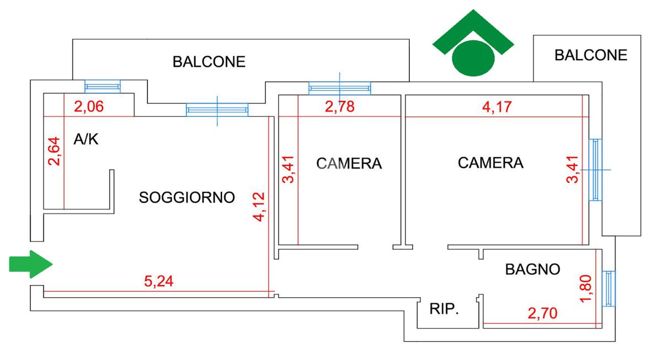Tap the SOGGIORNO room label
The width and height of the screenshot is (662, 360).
(187, 197)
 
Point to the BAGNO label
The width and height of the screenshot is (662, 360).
(532, 270)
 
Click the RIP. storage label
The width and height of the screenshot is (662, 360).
(444, 309)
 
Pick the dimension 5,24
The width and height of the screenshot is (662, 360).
(158, 281)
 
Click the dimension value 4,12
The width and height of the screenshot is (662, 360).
(259, 207)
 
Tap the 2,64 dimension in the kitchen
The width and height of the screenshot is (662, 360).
(54, 151)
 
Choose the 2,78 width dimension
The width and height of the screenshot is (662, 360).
(339, 107)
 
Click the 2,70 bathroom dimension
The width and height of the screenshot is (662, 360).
(542, 314)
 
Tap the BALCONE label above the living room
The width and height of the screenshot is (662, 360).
(209, 61)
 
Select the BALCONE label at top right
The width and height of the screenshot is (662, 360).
(591, 55)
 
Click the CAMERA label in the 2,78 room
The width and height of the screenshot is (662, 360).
(349, 164)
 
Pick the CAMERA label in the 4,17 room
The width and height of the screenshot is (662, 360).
(490, 163)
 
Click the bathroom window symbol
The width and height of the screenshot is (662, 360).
(610, 288)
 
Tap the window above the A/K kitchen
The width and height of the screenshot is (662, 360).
(102, 87)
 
